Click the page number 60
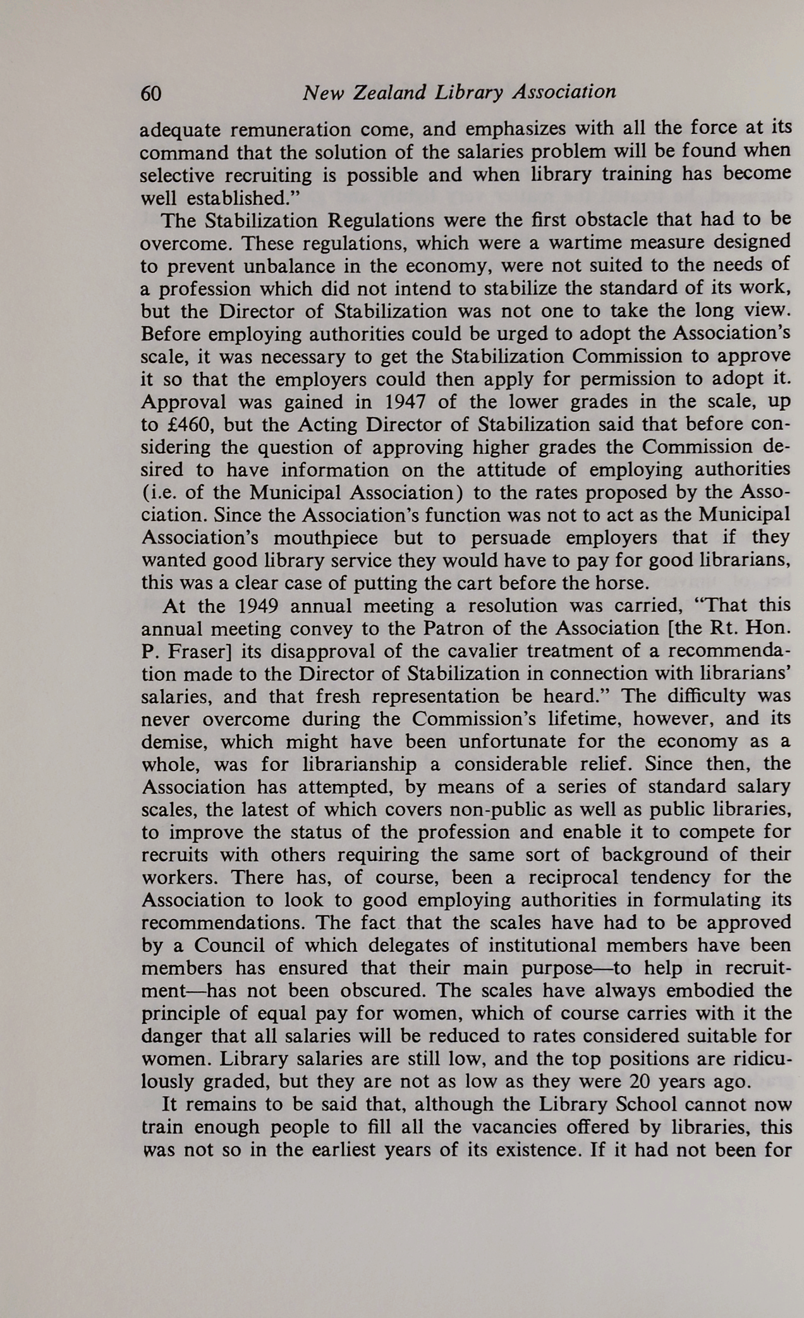tap(151, 94)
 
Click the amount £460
tap(188, 425)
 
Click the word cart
tap(446, 583)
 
